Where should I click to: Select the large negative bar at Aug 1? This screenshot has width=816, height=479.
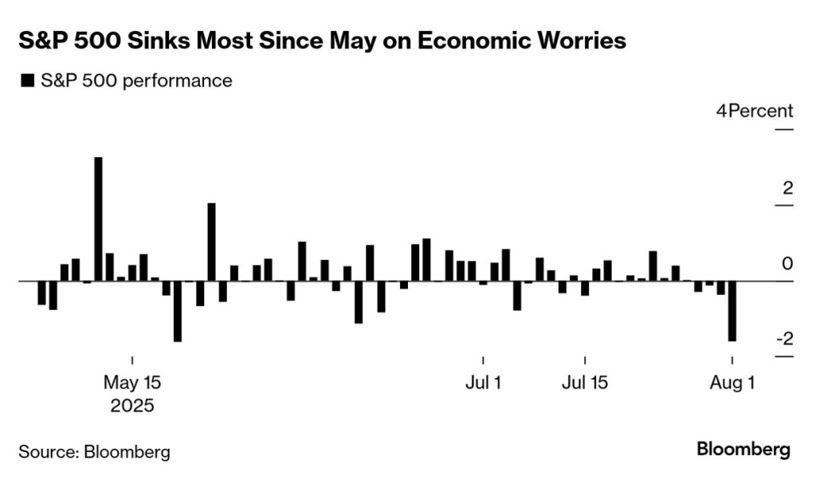coord(732,311)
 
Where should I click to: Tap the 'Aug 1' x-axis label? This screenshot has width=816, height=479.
coord(732,383)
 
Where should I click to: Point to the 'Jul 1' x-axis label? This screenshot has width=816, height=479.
coord(483,383)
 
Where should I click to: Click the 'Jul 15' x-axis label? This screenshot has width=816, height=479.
coord(585,383)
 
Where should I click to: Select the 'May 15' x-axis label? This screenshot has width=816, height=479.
coord(132,383)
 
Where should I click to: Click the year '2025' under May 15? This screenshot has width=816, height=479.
coord(132,406)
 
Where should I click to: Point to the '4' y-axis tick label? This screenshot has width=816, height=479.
coord(721,111)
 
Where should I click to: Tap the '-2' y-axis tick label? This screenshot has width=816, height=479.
coord(784,340)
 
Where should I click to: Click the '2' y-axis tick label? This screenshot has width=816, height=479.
coord(788,189)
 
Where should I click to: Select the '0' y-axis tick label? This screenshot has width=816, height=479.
coord(788,264)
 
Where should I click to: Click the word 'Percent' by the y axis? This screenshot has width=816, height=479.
coord(760,111)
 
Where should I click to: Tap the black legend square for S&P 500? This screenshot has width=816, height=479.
coord(27,80)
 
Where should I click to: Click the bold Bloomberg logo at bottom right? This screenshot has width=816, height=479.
coord(743,449)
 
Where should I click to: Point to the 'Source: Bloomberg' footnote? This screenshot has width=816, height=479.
coord(94,452)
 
